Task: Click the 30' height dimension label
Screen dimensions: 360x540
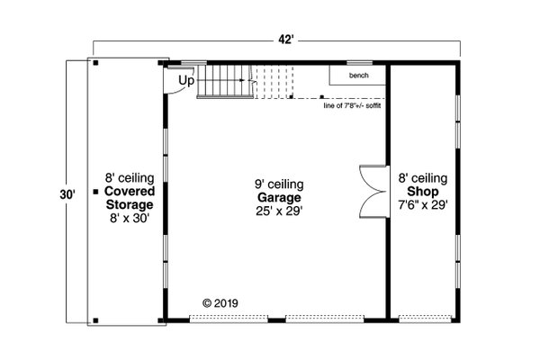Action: click(x=69, y=193)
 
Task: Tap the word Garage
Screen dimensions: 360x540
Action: click(x=278, y=197)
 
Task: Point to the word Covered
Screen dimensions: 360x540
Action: click(x=130, y=192)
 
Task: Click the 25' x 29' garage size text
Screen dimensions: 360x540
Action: click(x=278, y=211)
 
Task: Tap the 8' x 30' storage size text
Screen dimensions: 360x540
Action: click(x=130, y=217)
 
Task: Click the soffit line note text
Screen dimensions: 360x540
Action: click(x=355, y=105)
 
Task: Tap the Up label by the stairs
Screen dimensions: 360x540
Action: click(x=186, y=81)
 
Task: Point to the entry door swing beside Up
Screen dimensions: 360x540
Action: click(x=171, y=80)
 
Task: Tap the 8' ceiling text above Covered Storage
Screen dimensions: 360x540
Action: click(x=130, y=178)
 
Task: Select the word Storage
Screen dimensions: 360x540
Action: click(x=130, y=204)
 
